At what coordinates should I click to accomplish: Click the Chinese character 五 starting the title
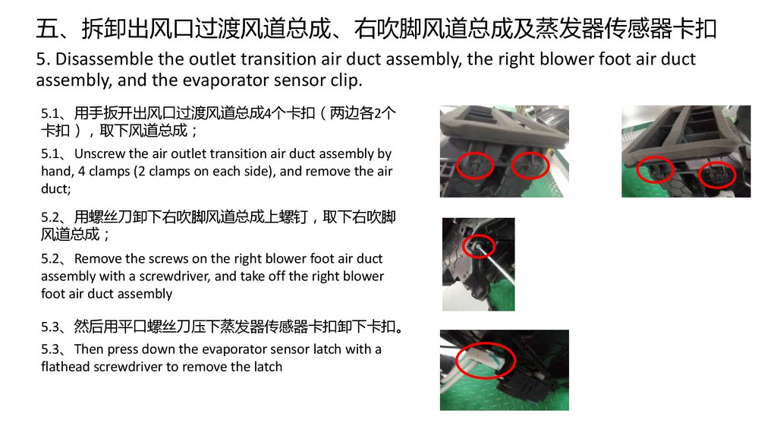click(x=48, y=29)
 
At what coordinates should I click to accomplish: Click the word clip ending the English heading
click(x=346, y=80)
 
